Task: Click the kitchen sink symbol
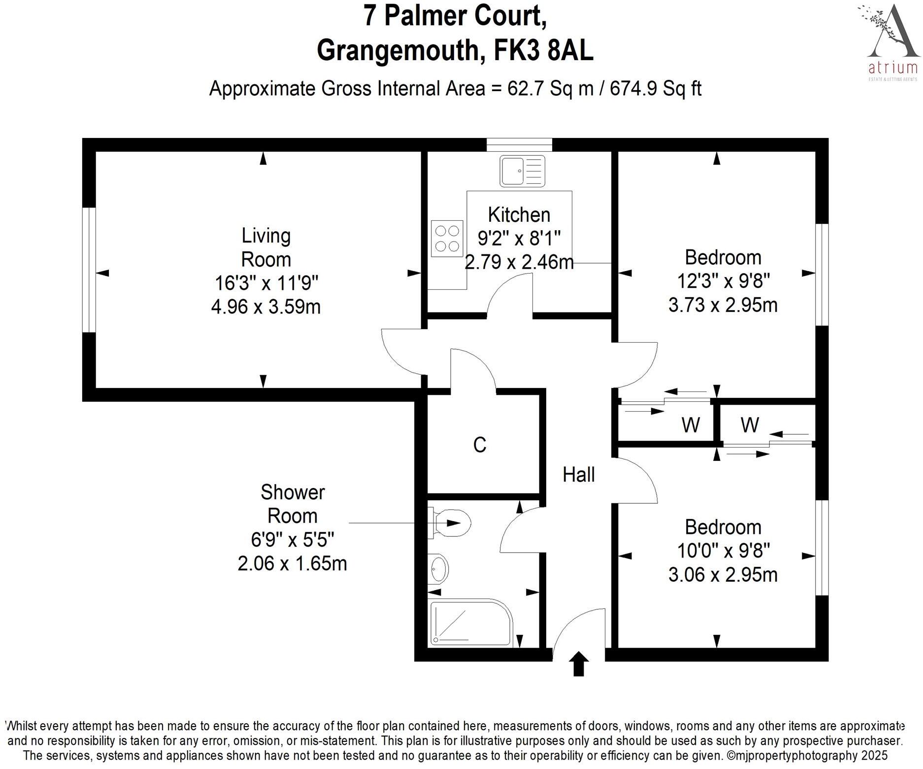click(x=522, y=171)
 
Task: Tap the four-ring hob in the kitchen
click(x=447, y=239)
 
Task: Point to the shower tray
click(x=471, y=623)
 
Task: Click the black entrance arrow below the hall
click(x=579, y=664)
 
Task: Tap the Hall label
click(x=579, y=475)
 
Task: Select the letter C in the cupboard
click(x=479, y=445)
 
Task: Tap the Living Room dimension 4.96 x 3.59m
click(x=266, y=307)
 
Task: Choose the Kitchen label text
click(x=519, y=215)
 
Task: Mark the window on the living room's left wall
click(x=89, y=270)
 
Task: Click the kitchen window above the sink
click(x=519, y=144)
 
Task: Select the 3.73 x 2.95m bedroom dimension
click(x=723, y=305)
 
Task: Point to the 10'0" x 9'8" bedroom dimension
click(x=723, y=550)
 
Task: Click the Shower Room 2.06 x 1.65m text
click(x=292, y=563)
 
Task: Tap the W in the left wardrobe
click(x=691, y=424)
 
